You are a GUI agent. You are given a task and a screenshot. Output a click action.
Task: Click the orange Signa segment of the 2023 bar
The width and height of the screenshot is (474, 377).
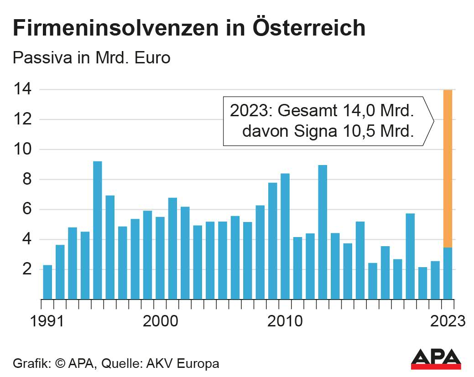447,169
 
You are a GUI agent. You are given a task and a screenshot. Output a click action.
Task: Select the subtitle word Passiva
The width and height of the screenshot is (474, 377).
41,58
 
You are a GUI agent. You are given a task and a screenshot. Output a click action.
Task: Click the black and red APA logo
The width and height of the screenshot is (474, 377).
436,359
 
